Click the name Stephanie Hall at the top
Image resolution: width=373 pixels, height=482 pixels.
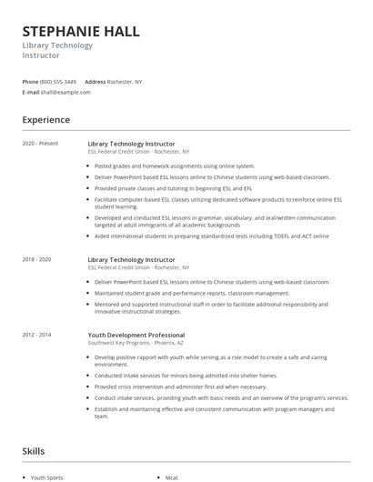(81, 32)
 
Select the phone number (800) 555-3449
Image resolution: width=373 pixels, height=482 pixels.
(58, 81)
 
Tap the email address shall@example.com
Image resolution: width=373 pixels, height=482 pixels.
(62, 92)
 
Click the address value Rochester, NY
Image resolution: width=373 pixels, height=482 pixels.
(125, 81)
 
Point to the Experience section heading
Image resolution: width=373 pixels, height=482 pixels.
(45, 119)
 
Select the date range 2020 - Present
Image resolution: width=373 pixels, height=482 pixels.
(40, 144)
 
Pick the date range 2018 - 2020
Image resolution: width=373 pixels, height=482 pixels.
(38, 259)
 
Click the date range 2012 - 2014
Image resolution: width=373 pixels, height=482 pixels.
(38, 335)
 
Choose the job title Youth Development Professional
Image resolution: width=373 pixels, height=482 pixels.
(136, 335)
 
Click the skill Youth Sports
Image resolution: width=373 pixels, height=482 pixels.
(47, 477)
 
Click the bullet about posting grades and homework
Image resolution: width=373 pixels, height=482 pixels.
(175, 166)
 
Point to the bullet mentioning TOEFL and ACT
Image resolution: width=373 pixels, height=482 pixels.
(211, 236)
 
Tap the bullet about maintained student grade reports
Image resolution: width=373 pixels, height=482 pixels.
(191, 293)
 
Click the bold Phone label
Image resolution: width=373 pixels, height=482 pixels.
(30, 81)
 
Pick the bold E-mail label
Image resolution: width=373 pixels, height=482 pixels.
(31, 92)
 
